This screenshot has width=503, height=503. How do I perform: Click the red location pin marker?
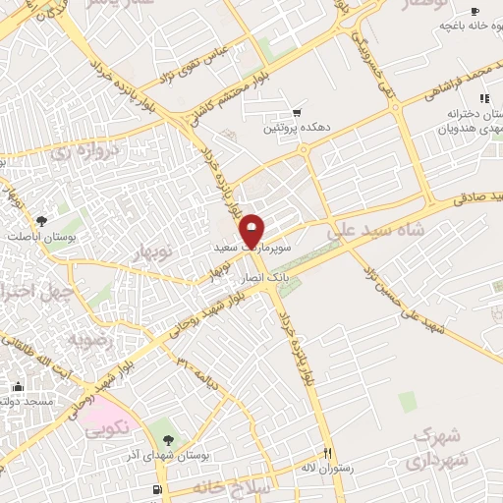(x=252, y=230)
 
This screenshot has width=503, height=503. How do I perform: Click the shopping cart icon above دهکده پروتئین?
(x=296, y=114)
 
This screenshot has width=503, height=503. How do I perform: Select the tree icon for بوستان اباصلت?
(x=40, y=221)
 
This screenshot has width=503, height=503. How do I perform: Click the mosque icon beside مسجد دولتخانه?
(x=17, y=386)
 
